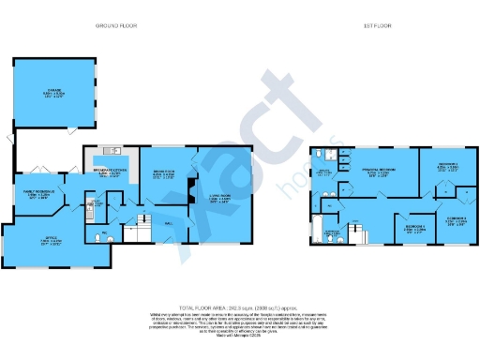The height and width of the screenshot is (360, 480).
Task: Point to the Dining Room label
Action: point(162,172)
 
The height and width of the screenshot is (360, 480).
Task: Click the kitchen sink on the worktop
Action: point(112,150)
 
